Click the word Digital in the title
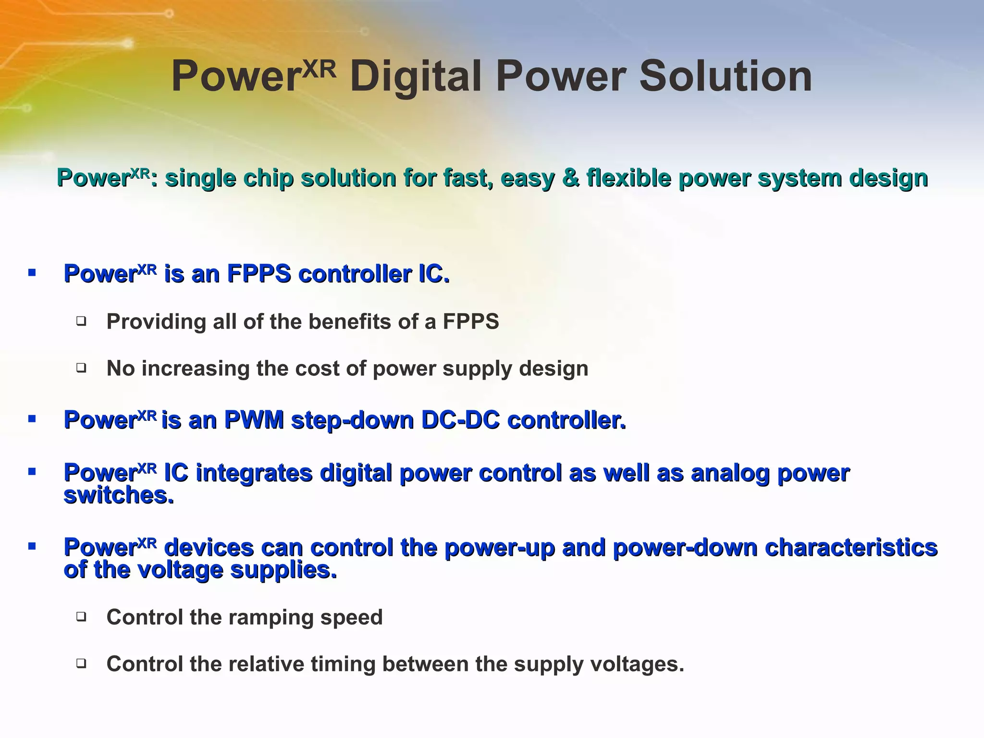[415, 77]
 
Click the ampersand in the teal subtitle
[570, 178]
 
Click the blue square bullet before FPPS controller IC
[32, 273]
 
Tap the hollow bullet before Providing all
[81, 321]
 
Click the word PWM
[254, 420]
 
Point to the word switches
[119, 495]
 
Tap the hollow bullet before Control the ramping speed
[81, 616]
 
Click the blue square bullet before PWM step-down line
[32, 419]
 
